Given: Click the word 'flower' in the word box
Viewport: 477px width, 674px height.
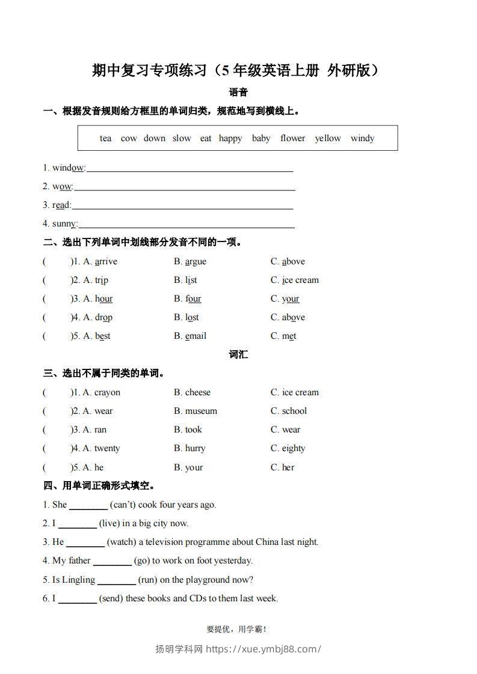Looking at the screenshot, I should (292, 138).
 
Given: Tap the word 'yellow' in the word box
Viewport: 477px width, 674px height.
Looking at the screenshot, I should (328, 138).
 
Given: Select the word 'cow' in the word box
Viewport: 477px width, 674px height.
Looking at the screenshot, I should (129, 138).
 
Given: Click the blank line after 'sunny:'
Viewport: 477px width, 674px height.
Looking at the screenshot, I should (186, 226).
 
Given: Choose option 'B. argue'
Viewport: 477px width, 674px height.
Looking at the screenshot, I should (190, 261).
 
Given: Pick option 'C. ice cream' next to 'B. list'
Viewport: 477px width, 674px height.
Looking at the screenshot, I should (295, 280).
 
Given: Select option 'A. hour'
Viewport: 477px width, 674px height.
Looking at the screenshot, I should (97, 299).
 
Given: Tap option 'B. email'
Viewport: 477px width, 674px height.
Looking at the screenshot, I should (190, 336).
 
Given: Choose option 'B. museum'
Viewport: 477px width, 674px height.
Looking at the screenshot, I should (195, 411).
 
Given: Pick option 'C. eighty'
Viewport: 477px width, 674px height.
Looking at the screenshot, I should (288, 448).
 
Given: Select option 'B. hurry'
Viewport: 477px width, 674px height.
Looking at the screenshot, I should (189, 448).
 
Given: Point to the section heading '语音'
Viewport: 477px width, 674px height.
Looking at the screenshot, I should (238, 93).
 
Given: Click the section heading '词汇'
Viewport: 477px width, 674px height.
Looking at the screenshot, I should (238, 354).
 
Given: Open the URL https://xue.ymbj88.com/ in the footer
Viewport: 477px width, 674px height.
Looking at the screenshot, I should (263, 649).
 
